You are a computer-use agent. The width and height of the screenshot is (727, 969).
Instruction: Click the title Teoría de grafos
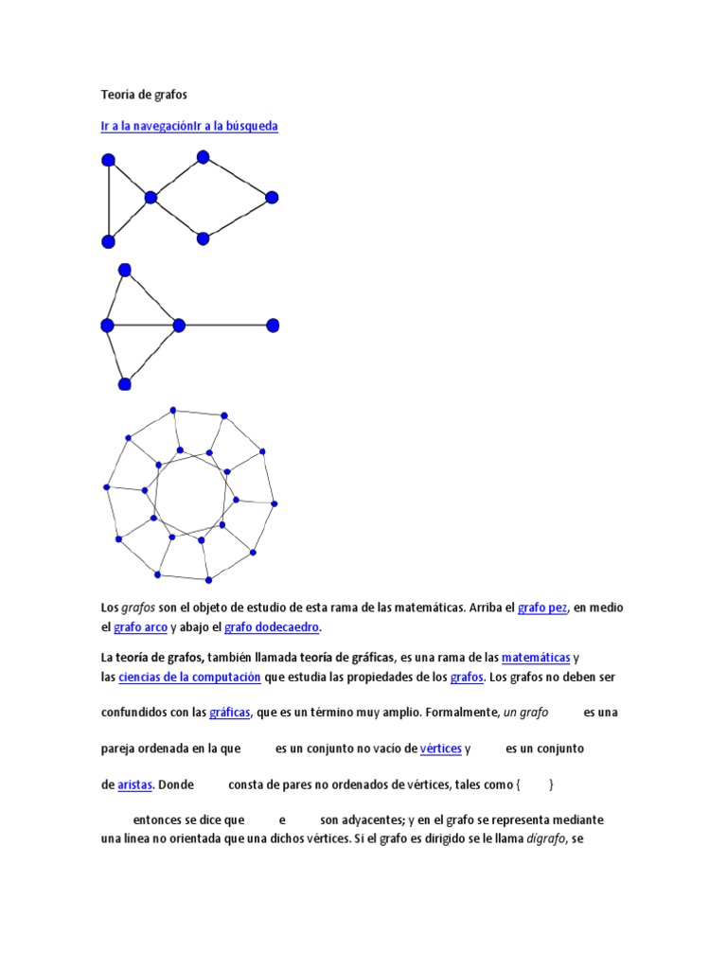tap(144, 95)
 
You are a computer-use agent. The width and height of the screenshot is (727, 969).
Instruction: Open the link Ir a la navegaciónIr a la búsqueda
tap(189, 126)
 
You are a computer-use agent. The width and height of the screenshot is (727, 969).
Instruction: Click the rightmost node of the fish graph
tap(272, 197)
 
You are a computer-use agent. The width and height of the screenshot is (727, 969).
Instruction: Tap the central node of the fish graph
tap(150, 197)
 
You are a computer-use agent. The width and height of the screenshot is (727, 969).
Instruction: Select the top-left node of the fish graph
tap(108, 159)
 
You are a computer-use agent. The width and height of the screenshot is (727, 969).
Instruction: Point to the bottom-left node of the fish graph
tap(108, 240)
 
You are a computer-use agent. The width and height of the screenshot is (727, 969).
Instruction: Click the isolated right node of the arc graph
tap(273, 326)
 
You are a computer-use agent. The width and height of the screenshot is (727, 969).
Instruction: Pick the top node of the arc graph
tap(124, 270)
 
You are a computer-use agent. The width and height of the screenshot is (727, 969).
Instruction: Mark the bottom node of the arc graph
tap(124, 383)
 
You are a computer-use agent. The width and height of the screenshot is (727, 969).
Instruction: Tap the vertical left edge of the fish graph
tap(109, 200)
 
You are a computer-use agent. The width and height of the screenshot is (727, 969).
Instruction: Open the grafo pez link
tap(542, 608)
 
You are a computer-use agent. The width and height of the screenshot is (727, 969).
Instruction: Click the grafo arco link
tap(140, 626)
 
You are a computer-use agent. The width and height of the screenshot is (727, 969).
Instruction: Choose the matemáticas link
tap(536, 657)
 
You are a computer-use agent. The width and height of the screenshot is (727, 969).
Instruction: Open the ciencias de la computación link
tap(190, 677)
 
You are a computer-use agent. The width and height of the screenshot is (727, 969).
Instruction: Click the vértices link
tap(440, 749)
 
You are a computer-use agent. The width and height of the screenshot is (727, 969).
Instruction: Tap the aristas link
tap(135, 784)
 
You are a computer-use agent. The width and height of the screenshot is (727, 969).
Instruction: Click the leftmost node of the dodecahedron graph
tap(107, 487)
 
